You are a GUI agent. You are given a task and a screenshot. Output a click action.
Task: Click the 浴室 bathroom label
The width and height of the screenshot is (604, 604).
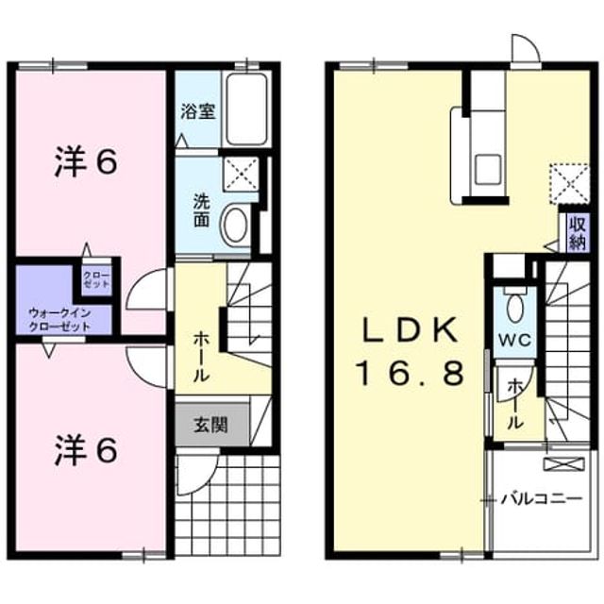198,111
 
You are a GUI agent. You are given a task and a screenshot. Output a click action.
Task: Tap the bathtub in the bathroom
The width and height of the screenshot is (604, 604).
246,109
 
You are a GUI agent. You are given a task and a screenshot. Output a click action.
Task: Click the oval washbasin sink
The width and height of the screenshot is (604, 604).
235,225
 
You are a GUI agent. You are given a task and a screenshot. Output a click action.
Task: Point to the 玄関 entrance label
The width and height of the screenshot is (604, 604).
210,426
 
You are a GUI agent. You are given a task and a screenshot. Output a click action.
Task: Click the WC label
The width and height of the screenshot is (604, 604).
515,340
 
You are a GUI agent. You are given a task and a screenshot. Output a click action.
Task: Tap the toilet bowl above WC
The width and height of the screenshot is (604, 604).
515,307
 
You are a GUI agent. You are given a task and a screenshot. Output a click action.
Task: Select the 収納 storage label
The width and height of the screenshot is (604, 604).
578,234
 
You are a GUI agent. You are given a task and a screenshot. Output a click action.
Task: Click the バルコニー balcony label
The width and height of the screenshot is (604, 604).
541,500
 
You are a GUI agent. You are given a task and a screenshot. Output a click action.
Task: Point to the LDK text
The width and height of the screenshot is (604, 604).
411,330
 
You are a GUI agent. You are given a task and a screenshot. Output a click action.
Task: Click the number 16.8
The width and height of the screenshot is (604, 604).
411,374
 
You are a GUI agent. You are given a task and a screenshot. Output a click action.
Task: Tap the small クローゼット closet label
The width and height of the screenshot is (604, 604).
96,280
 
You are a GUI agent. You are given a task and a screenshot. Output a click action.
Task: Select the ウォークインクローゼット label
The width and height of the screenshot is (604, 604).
60,320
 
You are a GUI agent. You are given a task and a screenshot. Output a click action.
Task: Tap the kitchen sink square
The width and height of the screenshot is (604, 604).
488,169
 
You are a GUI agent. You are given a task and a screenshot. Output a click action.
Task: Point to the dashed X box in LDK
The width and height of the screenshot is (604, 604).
569,184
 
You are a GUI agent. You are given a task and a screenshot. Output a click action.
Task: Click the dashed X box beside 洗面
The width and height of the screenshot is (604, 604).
241,174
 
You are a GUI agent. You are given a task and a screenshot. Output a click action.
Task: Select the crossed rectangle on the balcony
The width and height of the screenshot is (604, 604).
563,464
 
